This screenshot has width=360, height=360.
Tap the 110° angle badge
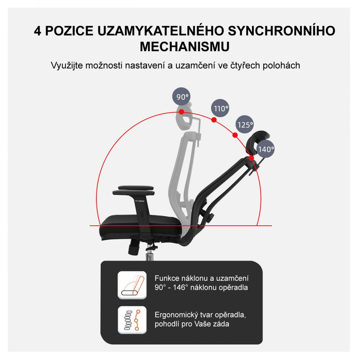point(220,108)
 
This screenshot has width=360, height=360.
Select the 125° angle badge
point(245,125)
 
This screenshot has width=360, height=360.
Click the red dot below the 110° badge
point(214,120)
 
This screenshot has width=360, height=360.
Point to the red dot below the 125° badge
point(235,135)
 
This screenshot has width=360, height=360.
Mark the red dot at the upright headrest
point(182,112)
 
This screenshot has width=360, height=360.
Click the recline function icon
point(132,285)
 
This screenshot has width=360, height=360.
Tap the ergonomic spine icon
point(132,320)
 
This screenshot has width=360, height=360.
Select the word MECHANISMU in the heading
point(185,47)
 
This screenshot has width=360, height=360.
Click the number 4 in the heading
point(37,31)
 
